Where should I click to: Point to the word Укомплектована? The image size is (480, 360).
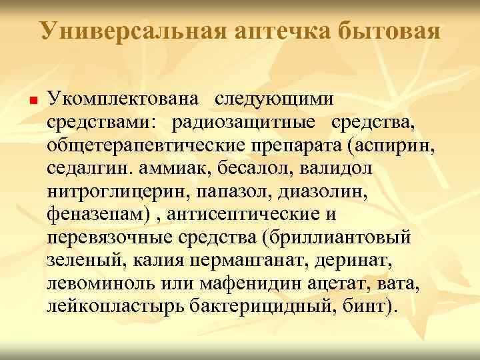123,99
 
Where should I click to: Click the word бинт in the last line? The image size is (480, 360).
371,307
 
